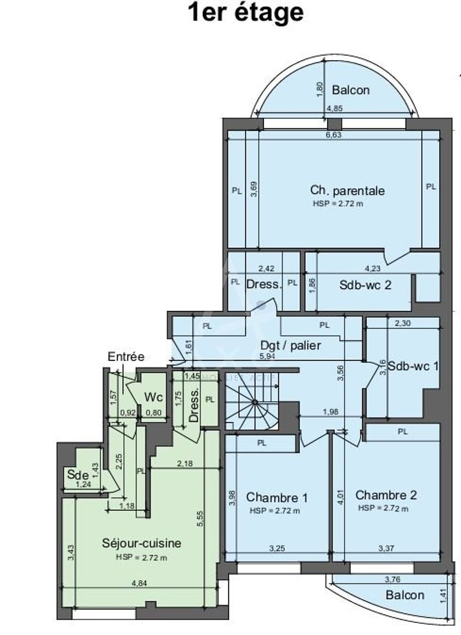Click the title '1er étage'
[x=246, y=12]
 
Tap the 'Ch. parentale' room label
[x=347, y=190]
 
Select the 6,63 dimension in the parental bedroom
[x=333, y=135]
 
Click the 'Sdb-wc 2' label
[x=365, y=285]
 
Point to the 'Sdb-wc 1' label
[x=413, y=366]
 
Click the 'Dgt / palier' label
[x=290, y=345]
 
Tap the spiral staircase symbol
[x=254, y=402]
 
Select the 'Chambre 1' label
[x=277, y=498]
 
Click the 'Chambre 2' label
[x=386, y=495]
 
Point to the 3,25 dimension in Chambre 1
[x=277, y=548]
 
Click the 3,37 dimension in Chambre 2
[x=386, y=548]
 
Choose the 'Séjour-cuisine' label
[x=142, y=543]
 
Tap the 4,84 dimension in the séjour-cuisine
[x=139, y=583]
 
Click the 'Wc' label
[x=153, y=397]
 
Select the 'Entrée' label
[x=126, y=357]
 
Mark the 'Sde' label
[x=77, y=474]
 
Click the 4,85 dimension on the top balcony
[x=334, y=109]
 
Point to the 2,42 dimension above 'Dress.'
[x=266, y=268]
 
